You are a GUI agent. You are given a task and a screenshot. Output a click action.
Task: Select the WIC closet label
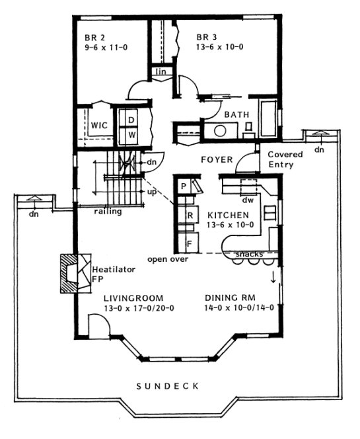coord(100,125)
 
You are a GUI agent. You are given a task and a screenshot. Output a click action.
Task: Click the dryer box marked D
coord(131,120)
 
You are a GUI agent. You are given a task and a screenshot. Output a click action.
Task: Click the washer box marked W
coord(131,134)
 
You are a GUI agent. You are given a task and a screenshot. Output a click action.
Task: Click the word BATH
coord(236,115)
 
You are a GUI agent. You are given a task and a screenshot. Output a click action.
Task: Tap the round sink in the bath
coord(219,131)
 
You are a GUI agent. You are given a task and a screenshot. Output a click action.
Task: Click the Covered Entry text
coord(285,159)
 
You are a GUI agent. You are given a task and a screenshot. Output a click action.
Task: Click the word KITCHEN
coord(228,216)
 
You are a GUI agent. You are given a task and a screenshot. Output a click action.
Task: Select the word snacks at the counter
coord(249,255)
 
